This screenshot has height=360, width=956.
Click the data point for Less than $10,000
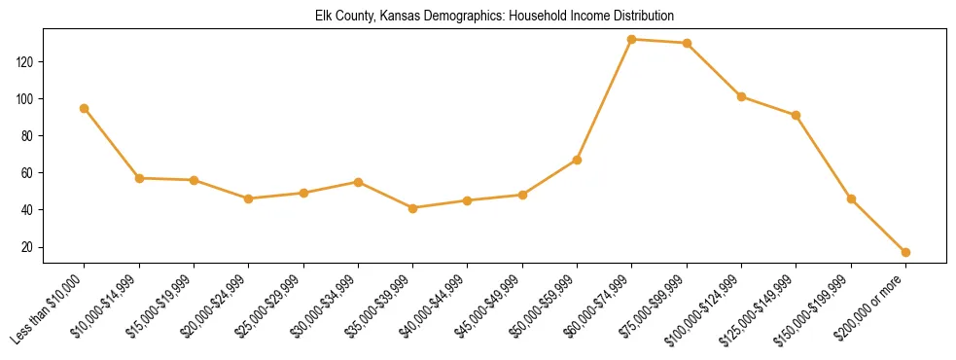[85, 108]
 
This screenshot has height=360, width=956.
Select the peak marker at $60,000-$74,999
[632, 40]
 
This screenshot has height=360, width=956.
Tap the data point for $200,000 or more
[905, 252]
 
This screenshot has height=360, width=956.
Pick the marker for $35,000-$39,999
[413, 208]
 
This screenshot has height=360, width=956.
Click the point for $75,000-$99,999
[687, 43]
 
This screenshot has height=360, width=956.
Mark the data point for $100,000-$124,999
[741, 96]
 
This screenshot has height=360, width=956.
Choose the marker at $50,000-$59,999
[578, 160]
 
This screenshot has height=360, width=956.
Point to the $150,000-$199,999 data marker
[851, 198]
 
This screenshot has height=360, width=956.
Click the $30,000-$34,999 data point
[358, 182]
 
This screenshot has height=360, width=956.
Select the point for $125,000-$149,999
[797, 115]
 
